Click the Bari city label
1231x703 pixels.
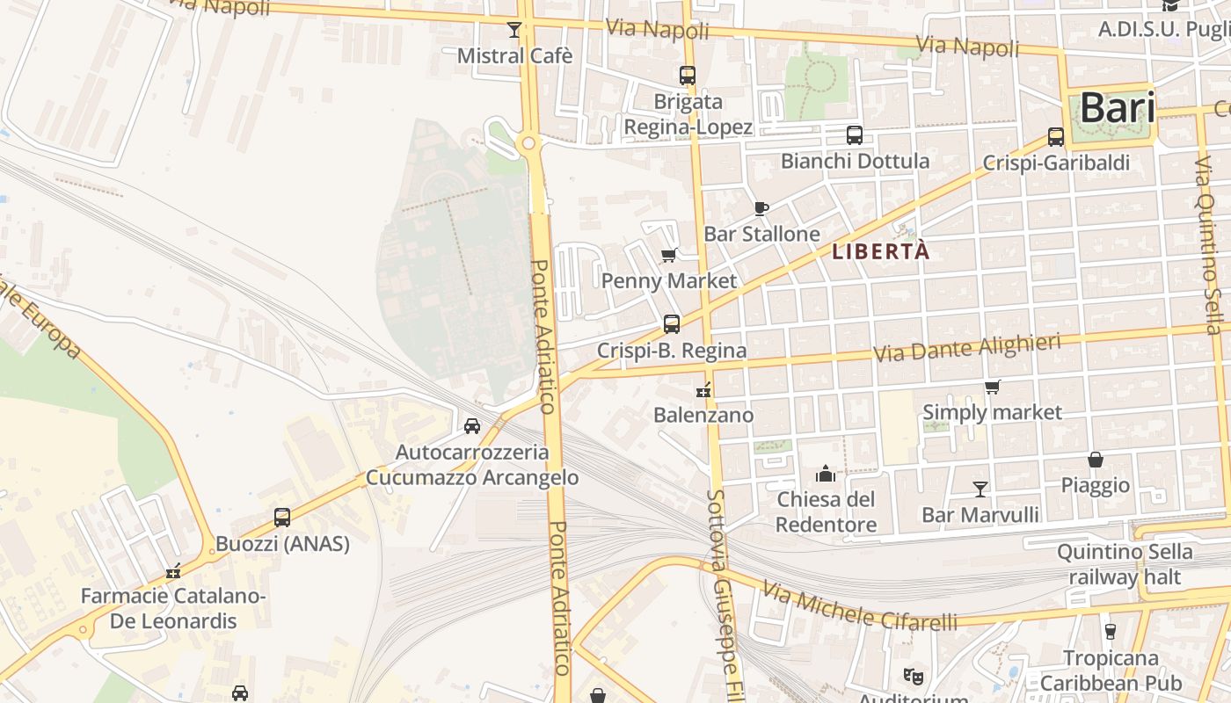point(1117,108)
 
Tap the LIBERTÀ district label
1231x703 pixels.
point(880,251)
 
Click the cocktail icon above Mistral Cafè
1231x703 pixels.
point(514,30)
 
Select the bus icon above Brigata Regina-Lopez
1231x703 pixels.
point(688,76)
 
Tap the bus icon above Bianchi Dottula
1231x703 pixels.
point(855,135)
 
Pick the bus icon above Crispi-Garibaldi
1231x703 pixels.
point(1056,137)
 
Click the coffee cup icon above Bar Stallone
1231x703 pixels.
point(761,208)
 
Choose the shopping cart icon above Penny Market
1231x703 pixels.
point(669,256)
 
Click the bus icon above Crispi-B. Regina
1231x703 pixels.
point(672,324)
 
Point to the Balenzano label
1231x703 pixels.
point(704,415)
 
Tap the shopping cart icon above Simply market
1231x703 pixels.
point(993,387)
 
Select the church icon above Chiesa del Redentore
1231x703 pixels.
point(826,475)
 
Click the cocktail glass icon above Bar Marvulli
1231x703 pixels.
point(980,489)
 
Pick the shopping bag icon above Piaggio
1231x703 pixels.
point(1096,460)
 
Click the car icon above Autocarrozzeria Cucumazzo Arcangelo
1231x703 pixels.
point(472,426)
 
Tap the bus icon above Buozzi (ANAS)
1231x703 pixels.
point(282,518)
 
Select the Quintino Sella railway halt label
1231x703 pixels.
point(1125,564)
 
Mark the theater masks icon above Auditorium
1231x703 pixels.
point(914,676)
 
